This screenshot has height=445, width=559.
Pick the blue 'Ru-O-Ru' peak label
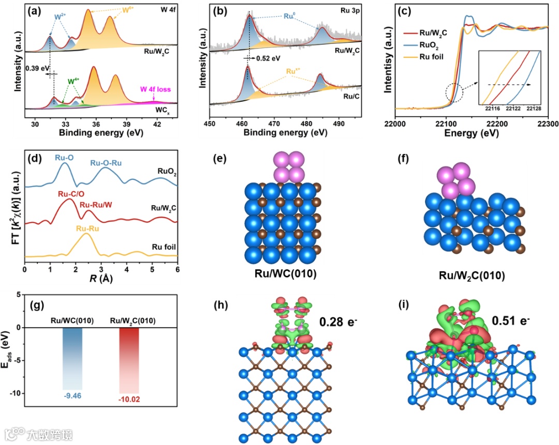[106, 163]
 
